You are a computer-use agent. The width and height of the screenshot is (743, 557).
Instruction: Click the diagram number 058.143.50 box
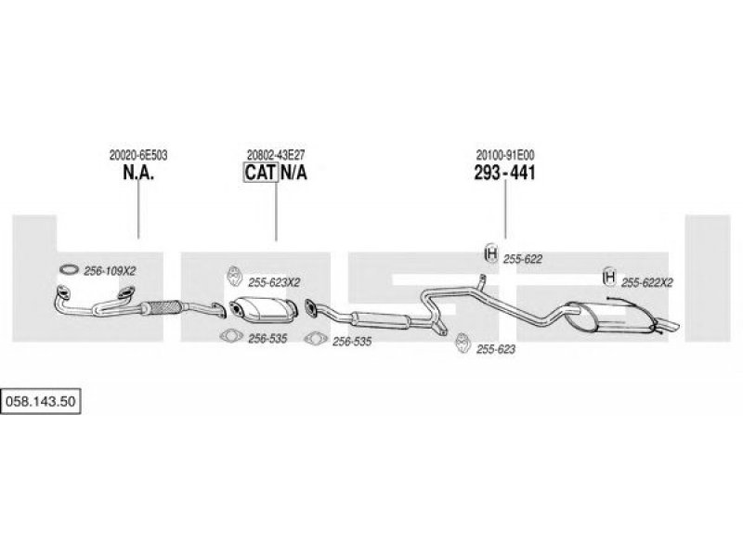click(x=41, y=401)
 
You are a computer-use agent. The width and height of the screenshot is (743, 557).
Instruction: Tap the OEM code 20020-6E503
click(x=138, y=155)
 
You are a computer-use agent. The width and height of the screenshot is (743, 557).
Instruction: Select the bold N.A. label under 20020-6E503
click(x=138, y=173)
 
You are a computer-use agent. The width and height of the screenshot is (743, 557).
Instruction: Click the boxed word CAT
click(x=261, y=173)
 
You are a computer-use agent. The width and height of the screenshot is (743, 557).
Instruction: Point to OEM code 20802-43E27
click(x=276, y=155)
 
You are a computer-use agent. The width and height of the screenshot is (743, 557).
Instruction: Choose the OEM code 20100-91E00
click(x=505, y=155)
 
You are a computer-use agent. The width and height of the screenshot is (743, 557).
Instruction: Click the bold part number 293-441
click(x=505, y=173)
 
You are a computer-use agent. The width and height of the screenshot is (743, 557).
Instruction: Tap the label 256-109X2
click(x=110, y=271)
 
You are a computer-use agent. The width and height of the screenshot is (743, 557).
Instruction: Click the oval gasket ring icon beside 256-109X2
click(x=69, y=269)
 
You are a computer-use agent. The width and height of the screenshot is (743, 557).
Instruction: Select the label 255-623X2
click(x=274, y=283)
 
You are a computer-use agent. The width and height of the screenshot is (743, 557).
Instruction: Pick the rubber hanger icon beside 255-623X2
click(x=234, y=276)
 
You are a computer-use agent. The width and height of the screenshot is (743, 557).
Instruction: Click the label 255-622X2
click(x=646, y=283)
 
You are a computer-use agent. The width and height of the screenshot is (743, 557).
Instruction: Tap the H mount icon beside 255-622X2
click(x=609, y=277)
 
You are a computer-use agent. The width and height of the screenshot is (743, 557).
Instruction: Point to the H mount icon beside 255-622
click(x=491, y=253)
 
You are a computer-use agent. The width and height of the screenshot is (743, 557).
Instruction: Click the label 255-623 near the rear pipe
click(x=496, y=349)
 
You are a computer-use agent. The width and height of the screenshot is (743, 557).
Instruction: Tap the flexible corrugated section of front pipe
click(x=162, y=307)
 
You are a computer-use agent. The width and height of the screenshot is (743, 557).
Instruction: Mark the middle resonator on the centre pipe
click(x=381, y=320)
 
